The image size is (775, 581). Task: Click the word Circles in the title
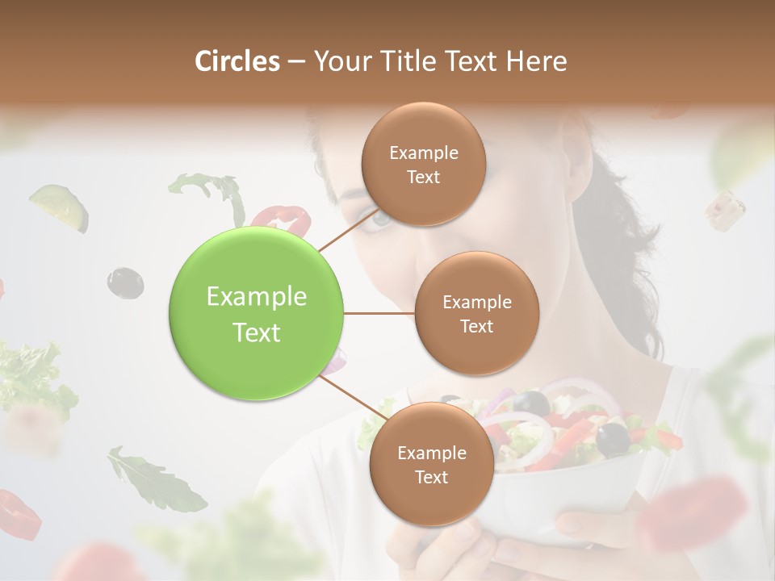(x=237, y=61)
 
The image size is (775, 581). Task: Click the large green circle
(x=256, y=313)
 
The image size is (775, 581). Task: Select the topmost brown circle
(x=423, y=164)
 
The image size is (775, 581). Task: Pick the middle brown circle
(x=476, y=313)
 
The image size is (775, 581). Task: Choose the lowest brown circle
(x=431, y=464)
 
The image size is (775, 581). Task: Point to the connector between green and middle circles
(x=379, y=313)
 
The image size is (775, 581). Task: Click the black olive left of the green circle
(x=125, y=282)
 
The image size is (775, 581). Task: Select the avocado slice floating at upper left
(x=60, y=206)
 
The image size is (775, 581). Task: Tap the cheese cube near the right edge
(x=724, y=208)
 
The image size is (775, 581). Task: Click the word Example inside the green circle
(x=256, y=296)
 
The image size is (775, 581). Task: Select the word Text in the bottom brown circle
(x=431, y=477)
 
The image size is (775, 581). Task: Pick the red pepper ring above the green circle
(x=281, y=217)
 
